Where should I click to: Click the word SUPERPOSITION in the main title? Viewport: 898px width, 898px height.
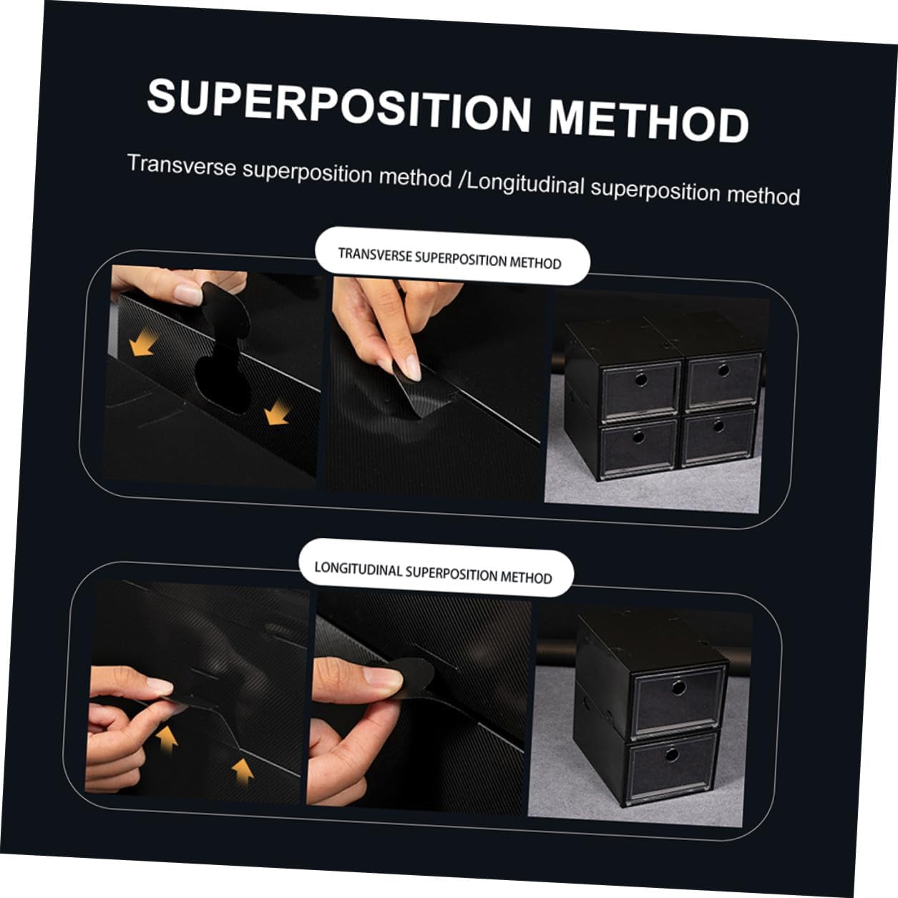click(x=339, y=106)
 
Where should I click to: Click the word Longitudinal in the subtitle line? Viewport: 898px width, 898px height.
click(x=526, y=185)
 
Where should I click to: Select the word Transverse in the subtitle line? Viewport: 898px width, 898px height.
click(x=182, y=166)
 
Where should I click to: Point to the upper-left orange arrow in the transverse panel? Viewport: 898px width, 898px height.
click(x=142, y=343)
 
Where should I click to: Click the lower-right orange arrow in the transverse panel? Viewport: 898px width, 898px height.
click(x=278, y=413)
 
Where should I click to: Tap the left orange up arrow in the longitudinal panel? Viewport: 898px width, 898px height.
click(x=166, y=739)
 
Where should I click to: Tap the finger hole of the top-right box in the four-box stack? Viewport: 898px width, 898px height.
click(x=723, y=371)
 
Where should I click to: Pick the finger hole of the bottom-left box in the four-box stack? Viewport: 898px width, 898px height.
click(x=638, y=437)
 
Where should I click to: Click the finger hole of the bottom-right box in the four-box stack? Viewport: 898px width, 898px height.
click(x=718, y=426)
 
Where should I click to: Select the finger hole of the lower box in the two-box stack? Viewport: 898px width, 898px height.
click(x=671, y=754)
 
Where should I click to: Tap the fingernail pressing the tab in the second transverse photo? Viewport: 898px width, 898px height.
click(x=412, y=367)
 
